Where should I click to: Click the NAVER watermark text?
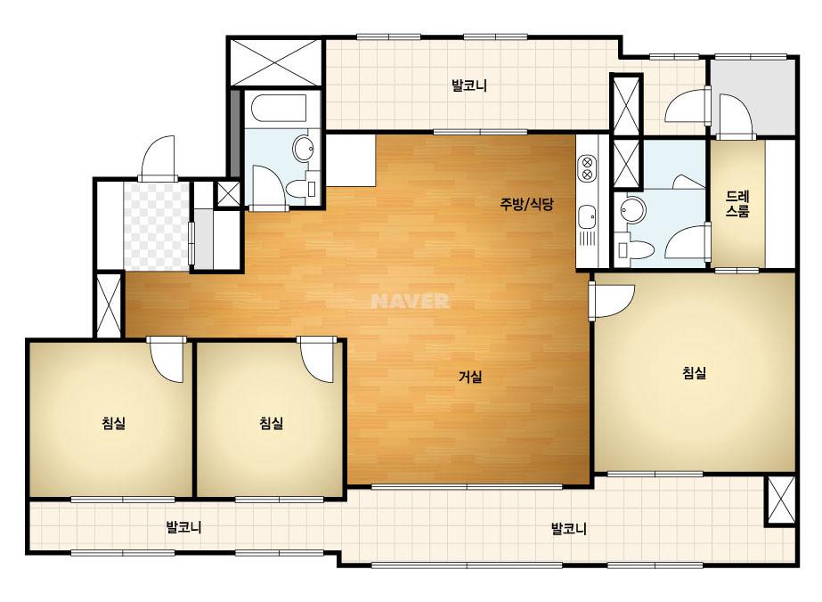coord(410,301)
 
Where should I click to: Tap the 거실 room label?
coord(470,377)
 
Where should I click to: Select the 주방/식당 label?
coord(525,203)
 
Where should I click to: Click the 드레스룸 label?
coord(737,204)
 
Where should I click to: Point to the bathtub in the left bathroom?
coord(279,110)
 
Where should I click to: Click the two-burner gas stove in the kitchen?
coord(587,167)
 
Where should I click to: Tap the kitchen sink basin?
coord(587,216)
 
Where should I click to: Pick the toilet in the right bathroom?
coord(635,249)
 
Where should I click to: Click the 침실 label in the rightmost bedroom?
coord(694,373)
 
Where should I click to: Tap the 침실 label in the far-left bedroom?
coord(114,423)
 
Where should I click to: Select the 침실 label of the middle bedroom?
coord(271,423)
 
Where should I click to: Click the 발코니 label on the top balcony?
coord(469,85)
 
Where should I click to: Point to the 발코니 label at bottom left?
coord(183,526)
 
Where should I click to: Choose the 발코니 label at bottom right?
coord(569,528)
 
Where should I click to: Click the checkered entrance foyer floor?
coord(156,225)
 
